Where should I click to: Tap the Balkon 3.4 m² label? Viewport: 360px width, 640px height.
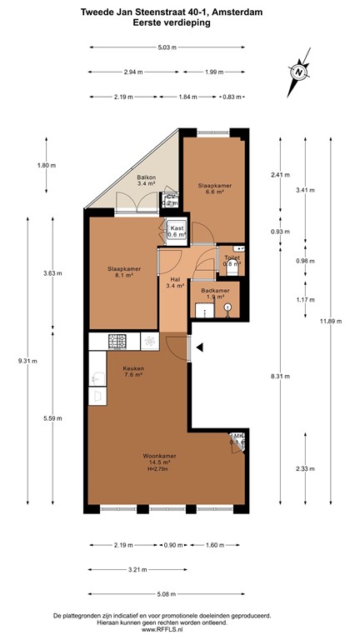pos(147,181)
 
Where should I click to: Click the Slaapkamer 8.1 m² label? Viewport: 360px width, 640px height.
pos(122,272)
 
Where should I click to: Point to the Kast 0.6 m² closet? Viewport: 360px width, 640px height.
pos(177,231)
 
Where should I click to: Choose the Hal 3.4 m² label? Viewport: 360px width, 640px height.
pos(175,282)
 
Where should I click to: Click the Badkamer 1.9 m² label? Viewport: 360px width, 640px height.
pos(207,292)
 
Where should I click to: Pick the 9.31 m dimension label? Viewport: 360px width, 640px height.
pos(27,360)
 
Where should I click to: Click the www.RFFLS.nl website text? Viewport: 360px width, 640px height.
pos(179,628)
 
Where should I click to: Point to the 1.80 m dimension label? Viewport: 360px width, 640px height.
pos(47,165)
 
